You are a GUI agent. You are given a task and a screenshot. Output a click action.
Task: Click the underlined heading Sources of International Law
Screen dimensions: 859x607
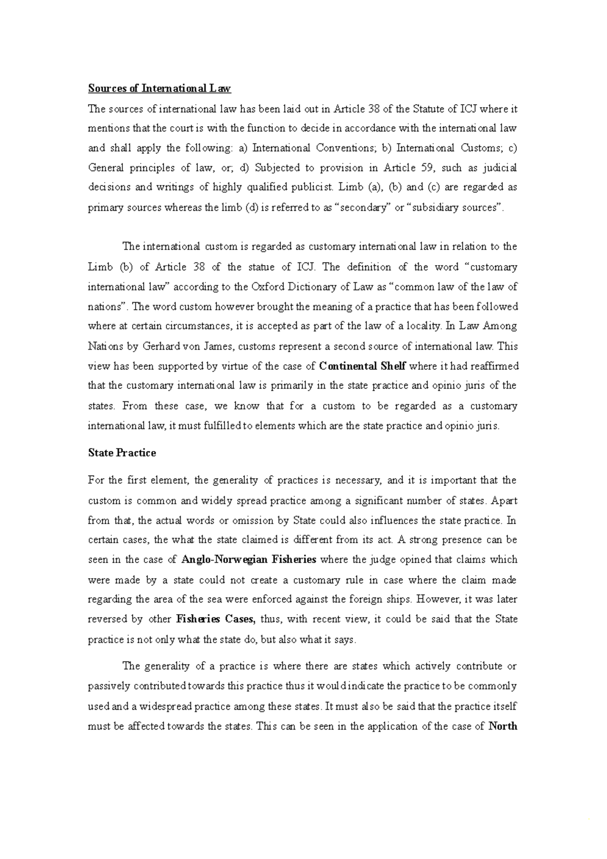coord(159,89)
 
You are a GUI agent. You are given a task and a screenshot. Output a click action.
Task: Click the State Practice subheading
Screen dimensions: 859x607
coord(122,453)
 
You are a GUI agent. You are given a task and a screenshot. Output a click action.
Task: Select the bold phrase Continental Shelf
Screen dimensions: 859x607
coord(363,366)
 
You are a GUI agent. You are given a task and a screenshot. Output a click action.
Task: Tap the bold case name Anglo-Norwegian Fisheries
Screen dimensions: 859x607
coord(248,560)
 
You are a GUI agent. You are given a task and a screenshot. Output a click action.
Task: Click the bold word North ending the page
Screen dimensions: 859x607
coord(503,726)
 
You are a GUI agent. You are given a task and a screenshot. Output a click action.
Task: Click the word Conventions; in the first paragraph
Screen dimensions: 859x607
coord(346,148)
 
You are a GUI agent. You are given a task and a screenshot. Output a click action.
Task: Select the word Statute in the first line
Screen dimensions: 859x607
coord(430,109)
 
